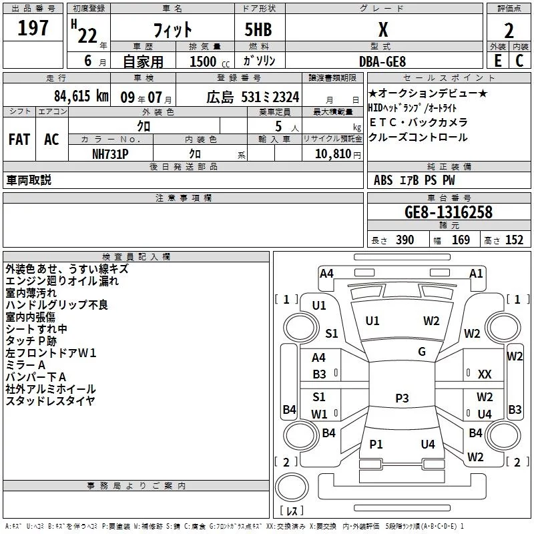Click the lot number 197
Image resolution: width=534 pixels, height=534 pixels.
[x=33, y=29]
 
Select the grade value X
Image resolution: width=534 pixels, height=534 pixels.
[x=382, y=29]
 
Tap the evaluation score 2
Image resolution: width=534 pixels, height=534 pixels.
[x=509, y=31]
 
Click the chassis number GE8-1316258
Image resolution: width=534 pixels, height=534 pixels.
[x=449, y=212]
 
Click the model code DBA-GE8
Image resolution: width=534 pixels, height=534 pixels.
[x=382, y=61]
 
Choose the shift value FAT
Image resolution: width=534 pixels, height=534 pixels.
[x=19, y=139]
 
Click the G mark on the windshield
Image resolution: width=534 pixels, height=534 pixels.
[x=422, y=352]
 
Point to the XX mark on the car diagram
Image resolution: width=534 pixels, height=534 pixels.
[x=485, y=374]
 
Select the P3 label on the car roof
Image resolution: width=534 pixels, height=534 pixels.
[x=402, y=398]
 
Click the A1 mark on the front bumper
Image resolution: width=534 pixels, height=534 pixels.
[x=476, y=273]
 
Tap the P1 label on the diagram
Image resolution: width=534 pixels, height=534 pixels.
[x=376, y=444]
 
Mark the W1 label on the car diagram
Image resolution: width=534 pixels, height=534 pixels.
[x=320, y=414]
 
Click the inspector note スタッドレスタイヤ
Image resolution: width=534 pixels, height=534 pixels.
[x=51, y=400]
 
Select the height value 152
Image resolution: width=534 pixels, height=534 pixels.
[x=514, y=240]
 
